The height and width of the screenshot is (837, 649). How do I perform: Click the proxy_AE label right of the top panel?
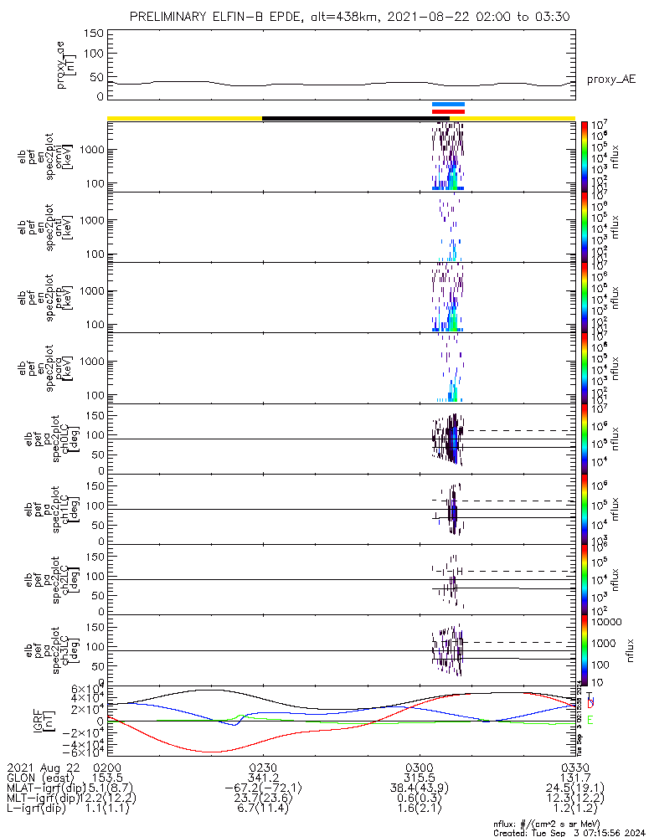click(610, 80)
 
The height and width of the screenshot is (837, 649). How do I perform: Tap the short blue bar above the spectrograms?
click(448, 105)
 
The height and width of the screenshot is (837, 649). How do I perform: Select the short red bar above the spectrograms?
click(448, 111)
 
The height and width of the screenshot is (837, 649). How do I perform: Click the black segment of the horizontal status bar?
click(356, 118)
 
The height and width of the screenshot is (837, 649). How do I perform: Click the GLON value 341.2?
click(263, 778)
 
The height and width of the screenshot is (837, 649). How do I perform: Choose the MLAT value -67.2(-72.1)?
click(263, 789)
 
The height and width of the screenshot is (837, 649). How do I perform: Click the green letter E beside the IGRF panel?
click(590, 720)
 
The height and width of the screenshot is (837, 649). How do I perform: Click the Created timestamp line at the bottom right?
click(569, 832)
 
